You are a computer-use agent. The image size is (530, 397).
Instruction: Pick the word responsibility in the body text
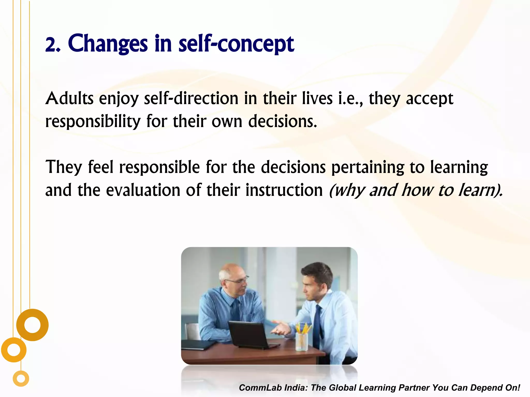click(93, 121)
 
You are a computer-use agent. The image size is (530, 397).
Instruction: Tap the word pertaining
click(368, 167)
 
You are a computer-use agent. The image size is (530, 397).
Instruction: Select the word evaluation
click(143, 190)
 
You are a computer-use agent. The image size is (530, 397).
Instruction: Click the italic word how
click(417, 190)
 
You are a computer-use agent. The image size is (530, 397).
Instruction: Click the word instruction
click(284, 190)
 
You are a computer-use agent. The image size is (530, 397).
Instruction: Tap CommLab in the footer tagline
click(260, 388)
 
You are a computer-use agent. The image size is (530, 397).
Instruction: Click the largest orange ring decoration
click(32, 325)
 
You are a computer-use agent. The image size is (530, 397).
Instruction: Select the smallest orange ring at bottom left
click(21, 379)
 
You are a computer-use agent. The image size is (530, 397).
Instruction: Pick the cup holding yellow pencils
click(302, 341)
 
